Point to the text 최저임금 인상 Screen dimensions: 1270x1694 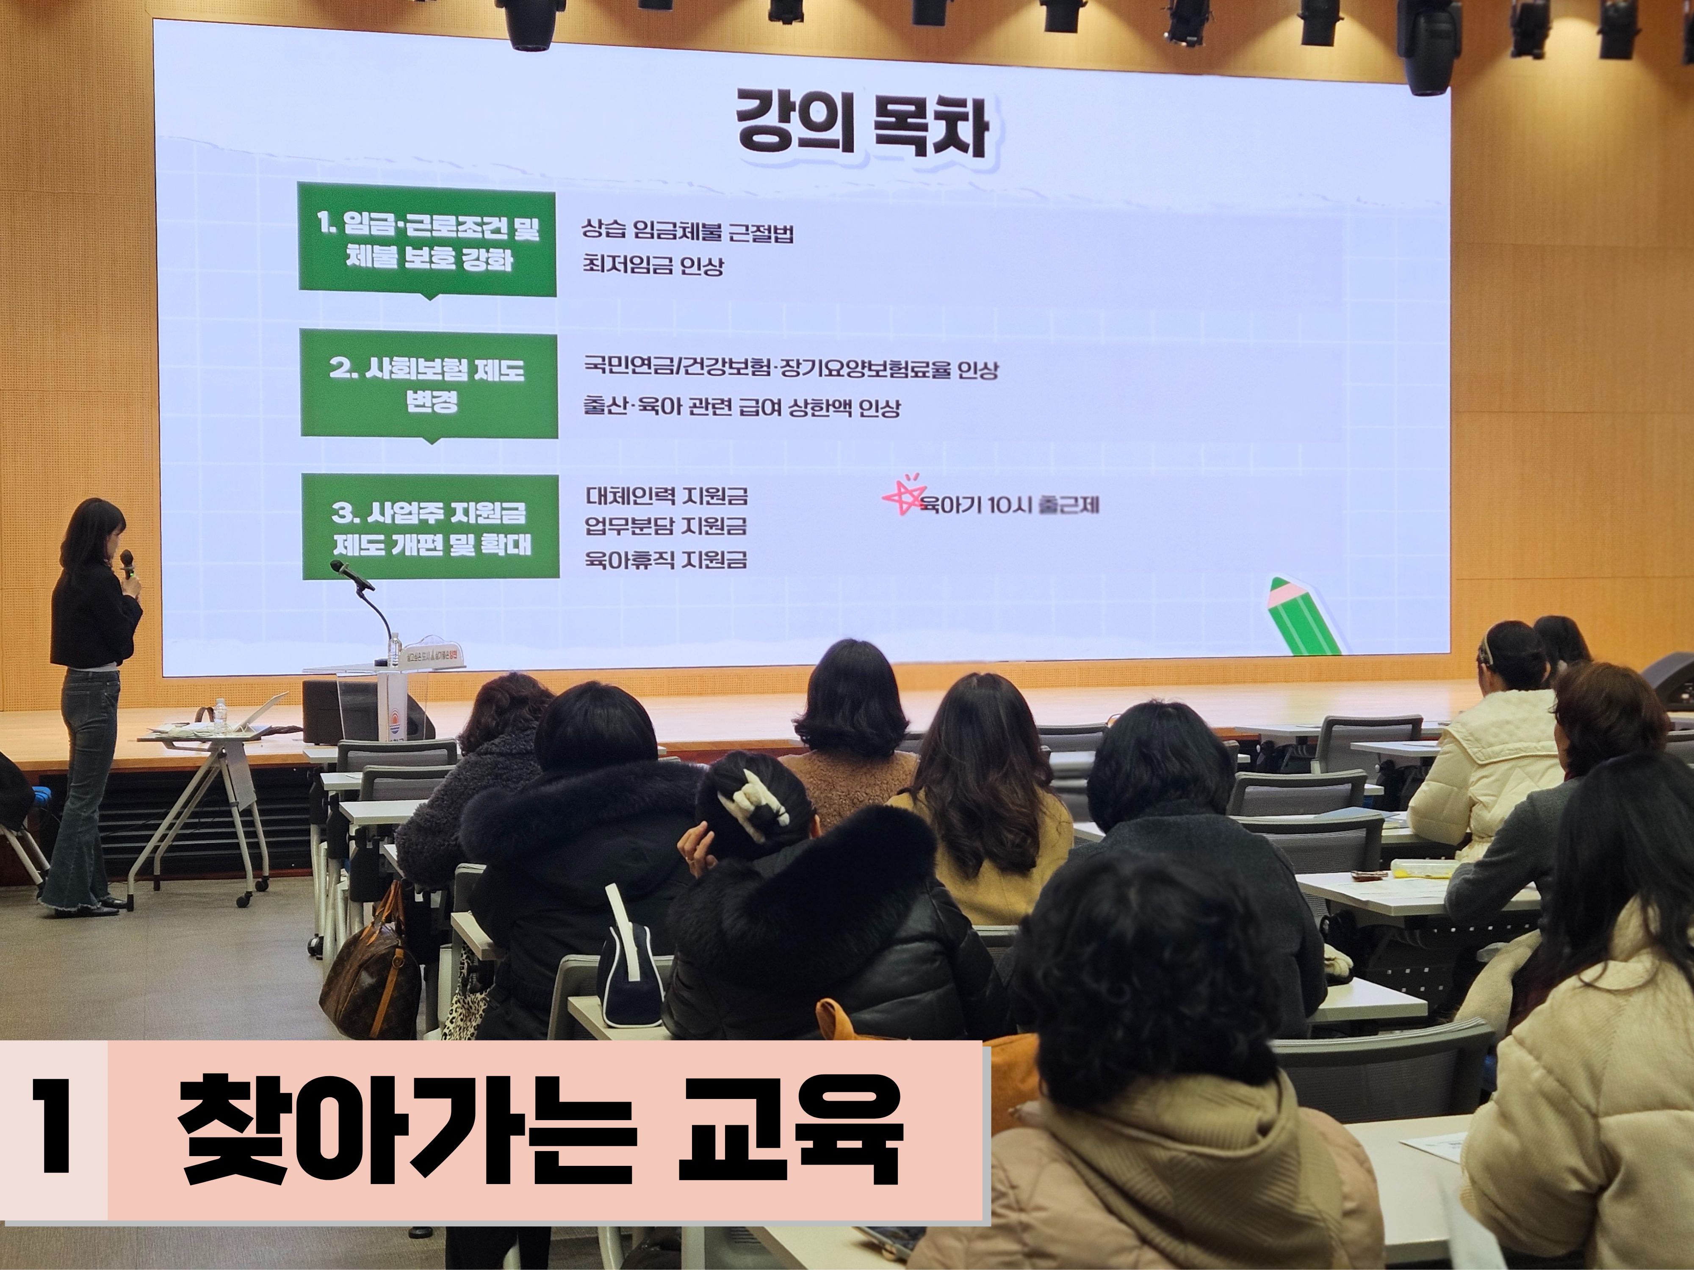tap(653, 266)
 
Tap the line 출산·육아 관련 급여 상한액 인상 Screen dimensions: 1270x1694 tap(741, 407)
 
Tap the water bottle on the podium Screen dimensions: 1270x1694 tap(395, 649)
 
